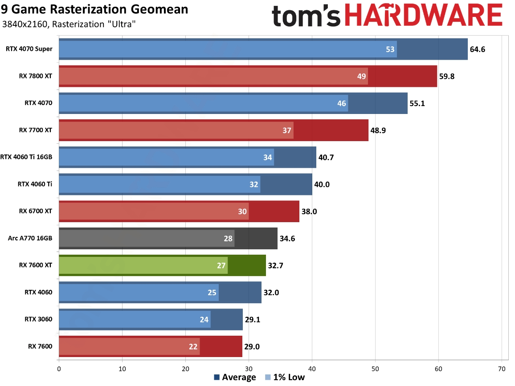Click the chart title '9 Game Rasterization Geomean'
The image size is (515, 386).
click(x=94, y=9)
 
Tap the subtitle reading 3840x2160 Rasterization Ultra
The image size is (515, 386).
click(x=69, y=24)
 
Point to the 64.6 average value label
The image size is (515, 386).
click(x=477, y=49)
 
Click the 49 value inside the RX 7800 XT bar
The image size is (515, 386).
click(x=361, y=76)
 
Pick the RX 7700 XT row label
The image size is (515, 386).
click(x=36, y=130)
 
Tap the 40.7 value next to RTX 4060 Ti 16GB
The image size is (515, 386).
click(x=326, y=157)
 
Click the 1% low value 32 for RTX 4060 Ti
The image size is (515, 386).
click(x=254, y=184)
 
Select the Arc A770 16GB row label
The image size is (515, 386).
click(x=30, y=238)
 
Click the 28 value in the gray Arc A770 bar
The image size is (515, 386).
click(x=228, y=238)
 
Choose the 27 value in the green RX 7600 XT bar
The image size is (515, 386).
click(x=221, y=265)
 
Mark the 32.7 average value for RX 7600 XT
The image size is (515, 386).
click(x=275, y=265)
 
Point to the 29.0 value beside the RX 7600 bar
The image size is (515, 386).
click(x=252, y=346)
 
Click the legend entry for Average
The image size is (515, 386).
click(x=235, y=378)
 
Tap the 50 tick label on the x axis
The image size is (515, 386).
click(x=375, y=368)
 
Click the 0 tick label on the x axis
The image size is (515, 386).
click(x=59, y=368)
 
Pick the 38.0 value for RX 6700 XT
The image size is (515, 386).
click(x=309, y=211)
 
